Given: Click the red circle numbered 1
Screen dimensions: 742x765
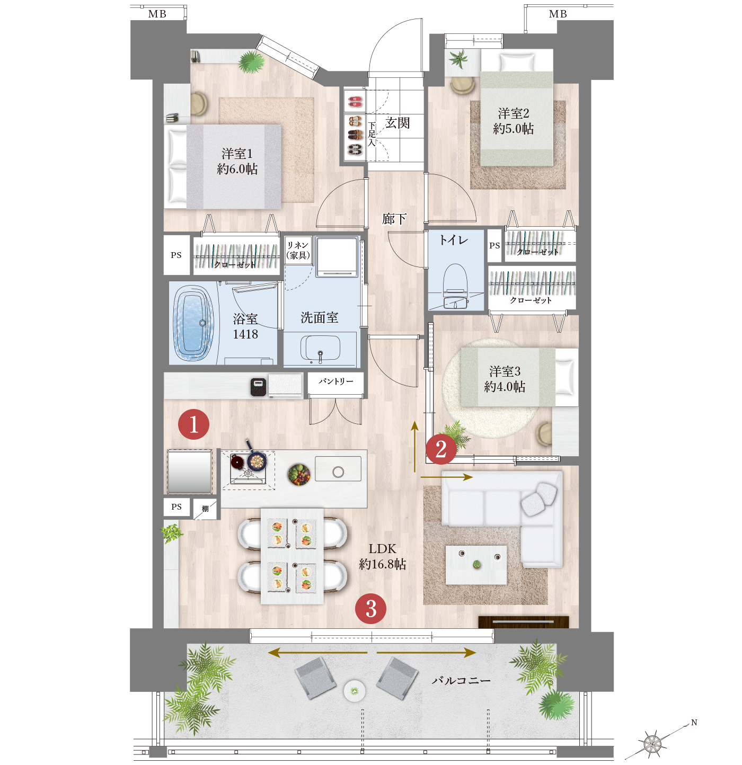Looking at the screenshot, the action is pos(193,424).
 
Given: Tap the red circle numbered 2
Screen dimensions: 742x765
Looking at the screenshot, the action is pos(441,449).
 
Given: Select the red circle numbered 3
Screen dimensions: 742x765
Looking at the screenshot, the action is pos(370,608).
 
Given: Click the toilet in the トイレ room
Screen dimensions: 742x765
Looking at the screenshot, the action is pos(455,286).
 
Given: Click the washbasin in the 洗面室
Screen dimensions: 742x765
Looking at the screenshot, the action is pos(320,348).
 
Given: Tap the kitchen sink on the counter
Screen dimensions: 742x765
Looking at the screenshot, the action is pos(338,469).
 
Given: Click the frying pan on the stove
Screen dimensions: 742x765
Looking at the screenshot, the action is pos(255,457).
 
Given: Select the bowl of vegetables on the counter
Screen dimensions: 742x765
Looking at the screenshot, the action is pos(299,475).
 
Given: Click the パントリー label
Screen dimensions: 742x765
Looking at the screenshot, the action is pos(335,381).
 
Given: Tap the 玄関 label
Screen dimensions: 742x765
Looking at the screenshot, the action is pos(397,123).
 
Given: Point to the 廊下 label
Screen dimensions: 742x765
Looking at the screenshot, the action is pos(394,219).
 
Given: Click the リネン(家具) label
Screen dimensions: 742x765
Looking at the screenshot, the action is pos(298,250).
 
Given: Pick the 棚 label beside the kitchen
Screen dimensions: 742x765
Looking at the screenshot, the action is pos(205,509).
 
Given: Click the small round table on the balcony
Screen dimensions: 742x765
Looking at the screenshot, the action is pos(354,690).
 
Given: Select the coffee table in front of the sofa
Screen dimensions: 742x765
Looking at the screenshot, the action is pos(476,565).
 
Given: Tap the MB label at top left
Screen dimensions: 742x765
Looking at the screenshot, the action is pos(157,14).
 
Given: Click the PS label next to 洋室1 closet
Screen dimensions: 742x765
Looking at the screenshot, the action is pos(176,255).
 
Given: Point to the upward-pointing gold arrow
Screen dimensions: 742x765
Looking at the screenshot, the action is pos(414,447).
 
